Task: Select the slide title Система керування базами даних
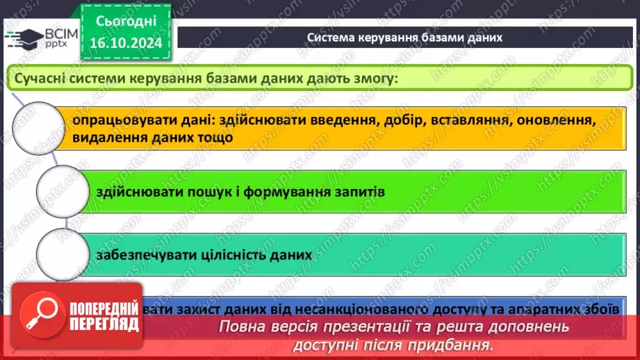click(x=404, y=38)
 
